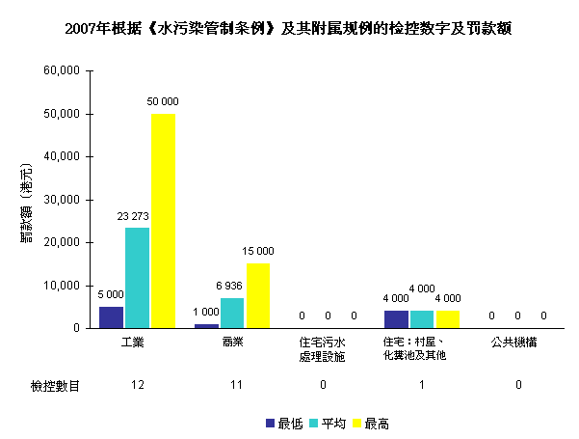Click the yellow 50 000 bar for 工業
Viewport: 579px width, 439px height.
(x=163, y=220)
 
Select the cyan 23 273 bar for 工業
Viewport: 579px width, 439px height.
(x=137, y=278)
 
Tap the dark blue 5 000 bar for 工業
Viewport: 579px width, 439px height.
(x=112, y=316)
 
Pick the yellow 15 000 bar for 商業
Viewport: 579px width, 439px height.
(x=257, y=295)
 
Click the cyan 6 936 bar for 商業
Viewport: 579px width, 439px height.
(x=232, y=313)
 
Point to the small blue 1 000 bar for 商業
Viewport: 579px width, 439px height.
(x=207, y=326)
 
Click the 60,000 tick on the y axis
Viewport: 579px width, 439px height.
(x=62, y=71)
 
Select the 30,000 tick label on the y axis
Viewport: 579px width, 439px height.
(x=62, y=200)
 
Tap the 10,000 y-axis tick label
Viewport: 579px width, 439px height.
(x=62, y=286)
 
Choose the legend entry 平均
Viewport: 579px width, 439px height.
(x=331, y=424)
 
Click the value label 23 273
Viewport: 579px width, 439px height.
(x=137, y=217)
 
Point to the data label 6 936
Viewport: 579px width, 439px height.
(x=232, y=288)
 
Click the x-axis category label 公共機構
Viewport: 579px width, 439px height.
(x=517, y=342)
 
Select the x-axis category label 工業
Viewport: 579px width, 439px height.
(x=135, y=342)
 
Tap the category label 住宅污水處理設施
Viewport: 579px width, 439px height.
(x=323, y=348)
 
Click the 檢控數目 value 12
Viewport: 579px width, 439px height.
(x=136, y=386)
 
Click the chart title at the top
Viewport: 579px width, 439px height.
(x=288, y=29)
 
